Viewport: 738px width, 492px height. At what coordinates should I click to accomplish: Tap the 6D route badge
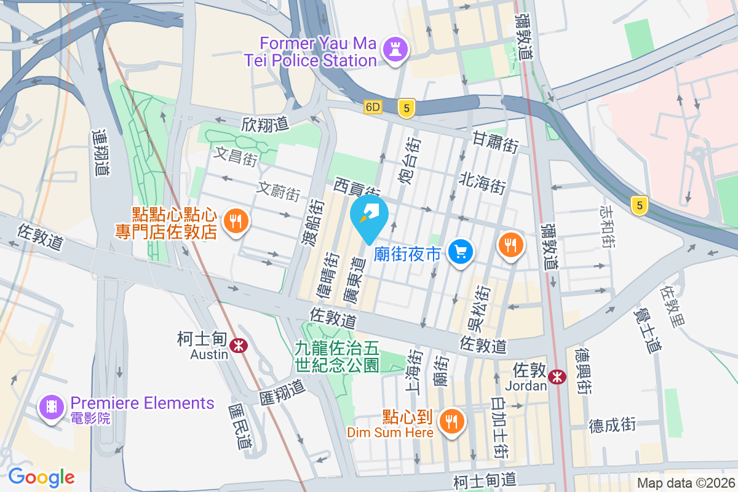click(x=373, y=107)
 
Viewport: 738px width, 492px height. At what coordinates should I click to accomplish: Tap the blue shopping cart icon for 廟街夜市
click(x=460, y=252)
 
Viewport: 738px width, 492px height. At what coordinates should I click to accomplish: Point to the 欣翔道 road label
click(x=265, y=124)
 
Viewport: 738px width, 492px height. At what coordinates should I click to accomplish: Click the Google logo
click(x=41, y=477)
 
